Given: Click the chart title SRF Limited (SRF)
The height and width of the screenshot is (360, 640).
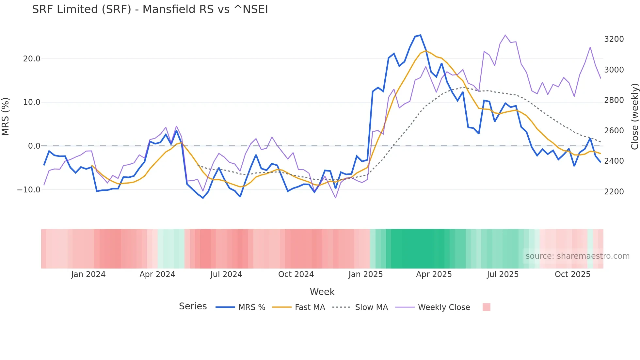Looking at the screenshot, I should click(x=150, y=9).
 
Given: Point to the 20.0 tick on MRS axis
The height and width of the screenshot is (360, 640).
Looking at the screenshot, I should click(x=31, y=59).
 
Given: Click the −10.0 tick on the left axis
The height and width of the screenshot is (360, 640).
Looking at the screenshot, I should click(x=29, y=190).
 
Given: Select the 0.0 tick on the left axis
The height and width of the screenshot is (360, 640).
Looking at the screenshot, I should click(x=34, y=146).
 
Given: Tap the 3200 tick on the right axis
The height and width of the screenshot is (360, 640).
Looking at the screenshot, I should click(x=614, y=39).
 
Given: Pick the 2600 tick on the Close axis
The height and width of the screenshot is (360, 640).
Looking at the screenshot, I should click(x=614, y=131).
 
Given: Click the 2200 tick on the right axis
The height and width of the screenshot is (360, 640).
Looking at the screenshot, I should click(x=614, y=192).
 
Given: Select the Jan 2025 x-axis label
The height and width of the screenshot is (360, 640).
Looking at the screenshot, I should click(x=365, y=274).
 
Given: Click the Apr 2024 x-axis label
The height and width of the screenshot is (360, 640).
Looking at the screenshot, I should click(x=157, y=274).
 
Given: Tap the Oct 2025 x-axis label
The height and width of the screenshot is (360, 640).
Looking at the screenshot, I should click(x=572, y=274).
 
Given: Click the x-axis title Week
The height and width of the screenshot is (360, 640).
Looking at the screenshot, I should click(x=322, y=292).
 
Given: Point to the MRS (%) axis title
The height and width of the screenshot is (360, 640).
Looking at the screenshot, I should click(x=6, y=116).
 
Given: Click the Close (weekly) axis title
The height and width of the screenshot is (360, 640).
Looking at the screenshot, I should click(x=634, y=116).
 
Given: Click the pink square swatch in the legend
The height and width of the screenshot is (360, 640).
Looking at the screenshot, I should click(x=486, y=307).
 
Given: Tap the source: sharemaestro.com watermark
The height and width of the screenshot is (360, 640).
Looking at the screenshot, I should click(x=577, y=256).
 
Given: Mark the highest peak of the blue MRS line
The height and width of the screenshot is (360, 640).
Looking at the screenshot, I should click(x=420, y=35).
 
